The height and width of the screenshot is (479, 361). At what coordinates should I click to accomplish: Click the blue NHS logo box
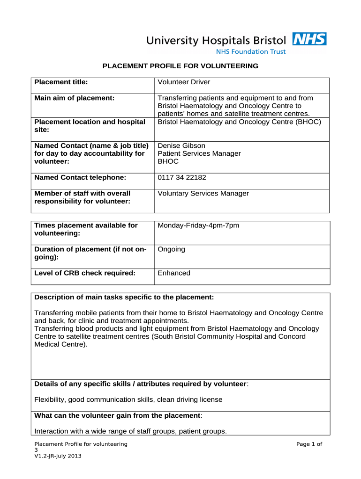309,39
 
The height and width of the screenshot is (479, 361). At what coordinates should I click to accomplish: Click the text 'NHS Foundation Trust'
250,52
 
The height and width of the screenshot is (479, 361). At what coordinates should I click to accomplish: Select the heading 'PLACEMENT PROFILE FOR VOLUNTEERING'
180,66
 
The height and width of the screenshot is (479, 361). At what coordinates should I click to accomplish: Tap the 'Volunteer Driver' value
184,82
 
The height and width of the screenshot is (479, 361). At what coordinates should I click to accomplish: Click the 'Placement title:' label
61,82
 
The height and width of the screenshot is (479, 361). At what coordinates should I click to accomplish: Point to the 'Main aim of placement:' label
75,98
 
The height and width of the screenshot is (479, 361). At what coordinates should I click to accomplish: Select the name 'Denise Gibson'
181,145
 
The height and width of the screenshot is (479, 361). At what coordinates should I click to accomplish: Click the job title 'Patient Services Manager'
199,153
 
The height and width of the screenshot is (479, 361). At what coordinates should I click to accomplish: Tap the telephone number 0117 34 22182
182,177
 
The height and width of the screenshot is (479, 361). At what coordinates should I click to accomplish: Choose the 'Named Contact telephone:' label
80,177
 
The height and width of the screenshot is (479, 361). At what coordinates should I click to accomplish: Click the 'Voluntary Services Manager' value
203,193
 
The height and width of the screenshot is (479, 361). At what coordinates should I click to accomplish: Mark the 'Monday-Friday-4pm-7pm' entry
198,225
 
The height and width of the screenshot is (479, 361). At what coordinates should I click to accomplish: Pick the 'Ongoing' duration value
171,249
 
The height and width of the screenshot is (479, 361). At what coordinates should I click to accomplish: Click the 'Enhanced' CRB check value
174,273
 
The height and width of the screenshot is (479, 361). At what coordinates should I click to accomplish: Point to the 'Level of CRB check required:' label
85,273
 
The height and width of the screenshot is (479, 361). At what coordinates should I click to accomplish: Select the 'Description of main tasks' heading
124,297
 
